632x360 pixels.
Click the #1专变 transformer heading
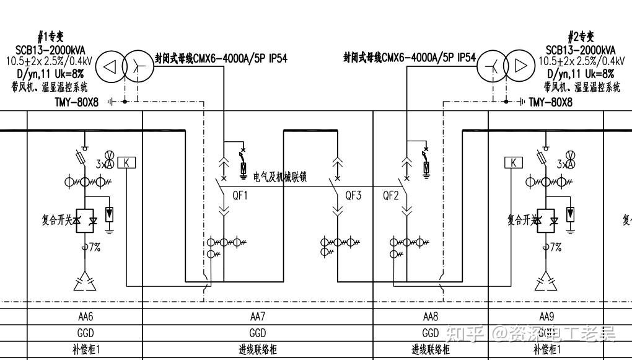pyautogui.click(x=50, y=38)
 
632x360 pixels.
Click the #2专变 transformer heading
pyautogui.click(x=581, y=38)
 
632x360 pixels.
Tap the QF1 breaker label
pyautogui.click(x=240, y=196)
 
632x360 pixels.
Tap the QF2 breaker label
pyautogui.click(x=391, y=196)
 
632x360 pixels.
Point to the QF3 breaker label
pyautogui.click(x=353, y=196)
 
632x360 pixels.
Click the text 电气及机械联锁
pyautogui.click(x=280, y=178)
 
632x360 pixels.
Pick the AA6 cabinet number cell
pyautogui.click(x=86, y=316)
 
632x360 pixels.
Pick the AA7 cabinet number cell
pyautogui.click(x=258, y=316)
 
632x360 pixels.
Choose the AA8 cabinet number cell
pyautogui.click(x=431, y=316)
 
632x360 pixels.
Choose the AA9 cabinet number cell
pyautogui.click(x=546, y=316)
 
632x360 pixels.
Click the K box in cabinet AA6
pyautogui.click(x=126, y=163)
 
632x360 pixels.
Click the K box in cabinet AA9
pyautogui.click(x=513, y=163)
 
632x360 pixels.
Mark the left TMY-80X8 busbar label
pyautogui.click(x=76, y=102)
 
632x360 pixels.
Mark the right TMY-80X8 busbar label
pyautogui.click(x=550, y=102)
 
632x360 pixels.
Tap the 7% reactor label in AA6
pyautogui.click(x=94, y=247)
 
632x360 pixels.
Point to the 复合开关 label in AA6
pyautogui.click(x=58, y=220)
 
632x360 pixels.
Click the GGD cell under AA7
pyautogui.click(x=258, y=333)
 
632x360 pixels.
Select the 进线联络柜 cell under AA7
pyautogui.click(x=258, y=350)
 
